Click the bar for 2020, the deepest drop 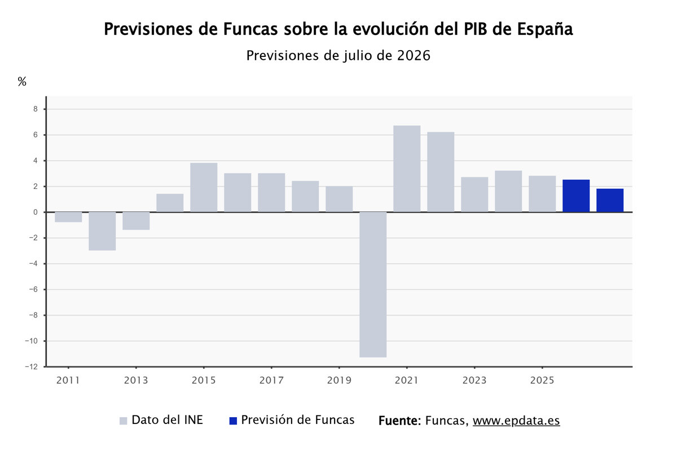[373, 285]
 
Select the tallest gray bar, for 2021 [407, 169]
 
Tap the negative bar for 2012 [102, 231]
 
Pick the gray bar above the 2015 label [204, 188]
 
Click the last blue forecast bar [610, 201]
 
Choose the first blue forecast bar [576, 196]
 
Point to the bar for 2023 [474, 194]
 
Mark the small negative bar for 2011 [68, 217]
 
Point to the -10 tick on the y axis [32, 341]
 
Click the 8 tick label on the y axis [36, 109]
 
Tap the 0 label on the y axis [36, 213]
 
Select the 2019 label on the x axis [339, 380]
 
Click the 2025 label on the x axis [542, 380]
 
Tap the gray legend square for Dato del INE [124, 421]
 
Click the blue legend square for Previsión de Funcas [233, 421]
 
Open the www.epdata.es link [516, 421]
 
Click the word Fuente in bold [398, 421]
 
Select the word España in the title [545, 29]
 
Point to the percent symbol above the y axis [22, 81]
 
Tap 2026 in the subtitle [414, 56]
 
